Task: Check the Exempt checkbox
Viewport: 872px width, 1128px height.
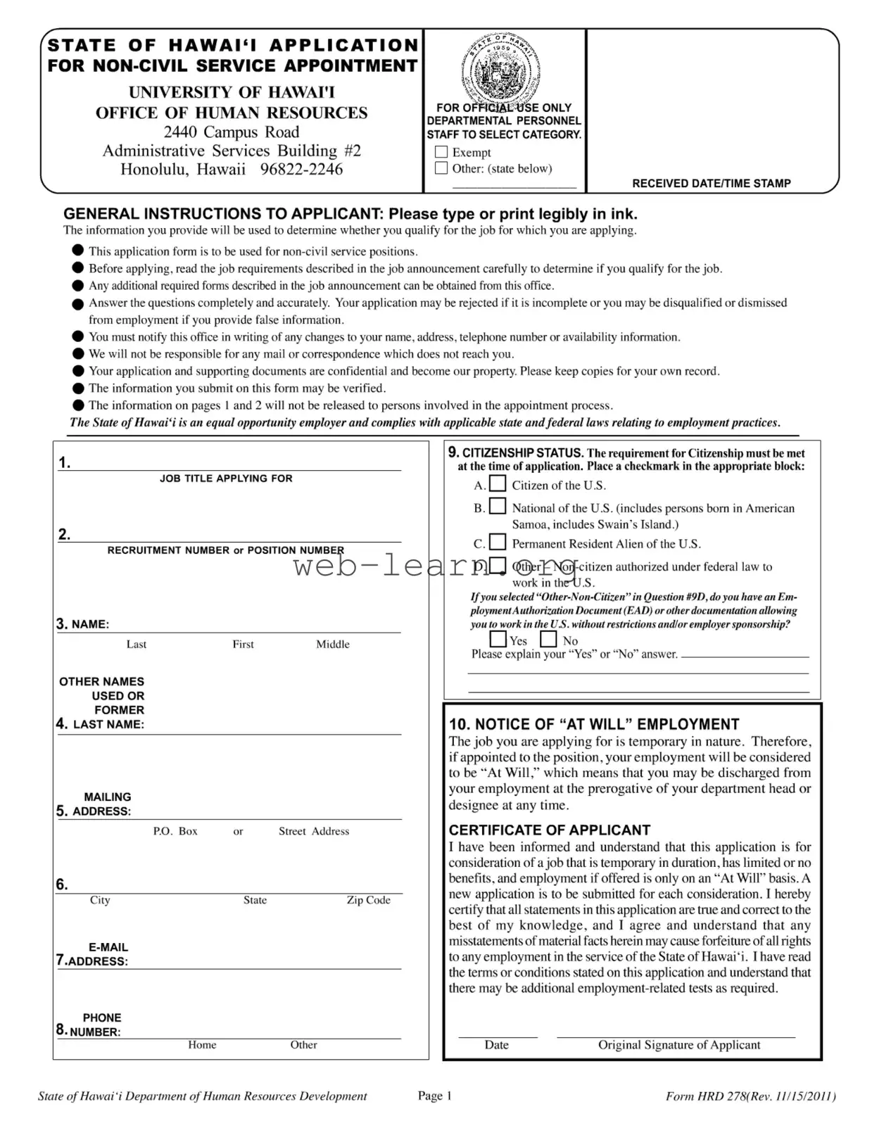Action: coord(441,152)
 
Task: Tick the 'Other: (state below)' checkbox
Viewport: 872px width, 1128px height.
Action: coord(441,168)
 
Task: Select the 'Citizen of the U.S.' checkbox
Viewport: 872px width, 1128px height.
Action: coord(498,484)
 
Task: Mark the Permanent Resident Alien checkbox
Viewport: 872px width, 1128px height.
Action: coord(498,543)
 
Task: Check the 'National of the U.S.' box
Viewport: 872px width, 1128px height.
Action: coord(498,507)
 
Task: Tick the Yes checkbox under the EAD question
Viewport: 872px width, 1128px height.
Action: coord(498,639)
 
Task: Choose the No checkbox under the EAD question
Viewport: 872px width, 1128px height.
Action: coord(549,639)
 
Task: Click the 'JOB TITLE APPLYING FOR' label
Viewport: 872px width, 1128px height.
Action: coord(226,479)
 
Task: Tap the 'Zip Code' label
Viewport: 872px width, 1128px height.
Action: coord(368,900)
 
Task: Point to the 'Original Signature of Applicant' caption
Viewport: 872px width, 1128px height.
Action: coord(679,1045)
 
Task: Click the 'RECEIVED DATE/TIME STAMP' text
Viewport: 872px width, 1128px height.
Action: coord(711,184)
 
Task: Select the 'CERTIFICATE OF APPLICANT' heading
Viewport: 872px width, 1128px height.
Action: coord(550,830)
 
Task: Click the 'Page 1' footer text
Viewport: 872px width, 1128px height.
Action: coord(435,1096)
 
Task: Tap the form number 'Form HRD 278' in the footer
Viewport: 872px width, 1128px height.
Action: coord(707,1096)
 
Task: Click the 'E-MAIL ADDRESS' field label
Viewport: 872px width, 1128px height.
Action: coord(98,955)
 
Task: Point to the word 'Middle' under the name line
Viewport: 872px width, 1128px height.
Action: coord(333,645)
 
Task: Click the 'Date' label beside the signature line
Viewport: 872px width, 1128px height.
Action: coord(496,1045)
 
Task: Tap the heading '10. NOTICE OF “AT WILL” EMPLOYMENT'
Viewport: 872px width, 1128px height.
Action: coord(594,725)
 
